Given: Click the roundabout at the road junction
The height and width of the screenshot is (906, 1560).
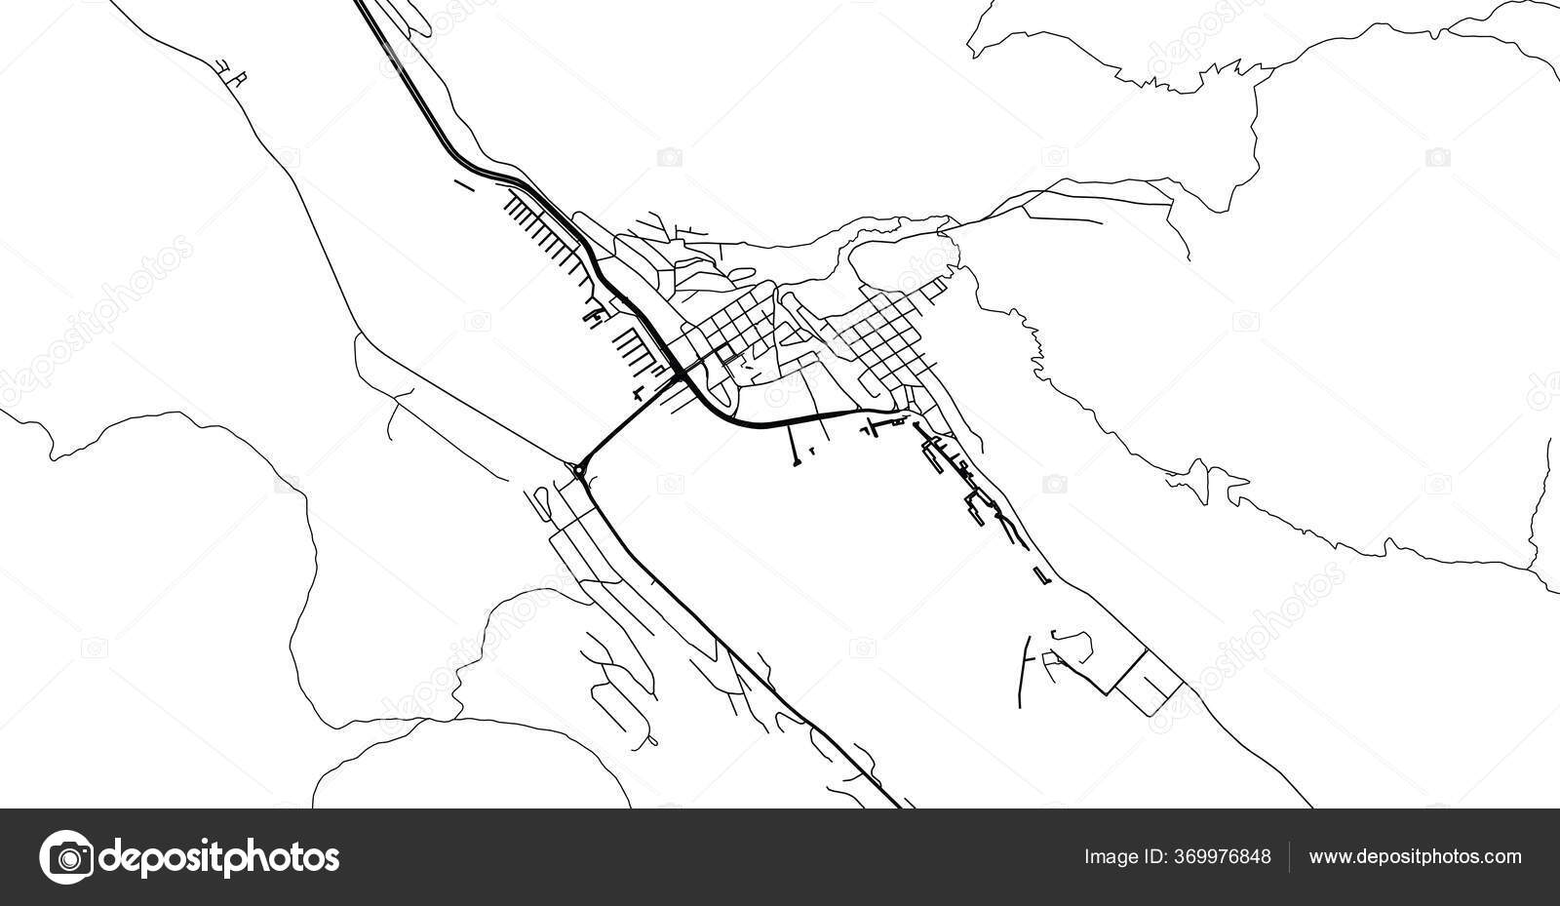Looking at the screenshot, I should pos(579,472).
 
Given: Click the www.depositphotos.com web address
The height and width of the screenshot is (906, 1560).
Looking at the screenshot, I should pos(1415,857).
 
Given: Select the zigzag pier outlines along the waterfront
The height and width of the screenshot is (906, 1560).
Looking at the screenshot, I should pos(965,478).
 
